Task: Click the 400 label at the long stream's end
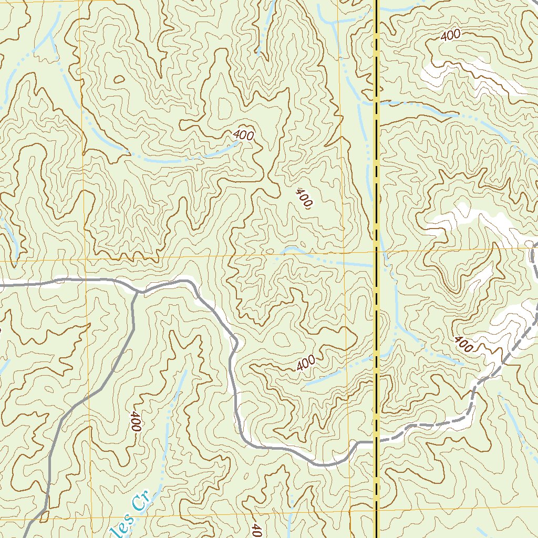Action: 243,135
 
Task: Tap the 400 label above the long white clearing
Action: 450,35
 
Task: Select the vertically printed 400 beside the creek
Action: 136,421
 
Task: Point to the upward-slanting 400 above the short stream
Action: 305,363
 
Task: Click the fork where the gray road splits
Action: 138,291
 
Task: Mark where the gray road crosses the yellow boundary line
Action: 377,441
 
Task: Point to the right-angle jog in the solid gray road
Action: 358,443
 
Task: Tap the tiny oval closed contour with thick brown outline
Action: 119,80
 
